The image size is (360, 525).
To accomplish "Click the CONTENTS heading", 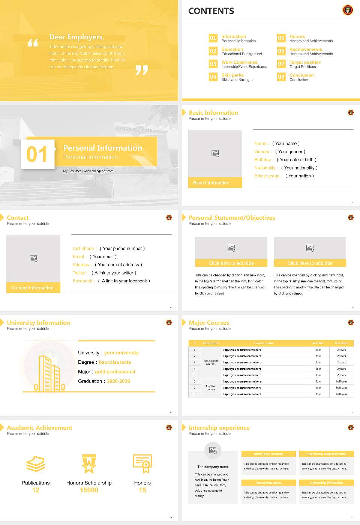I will (x=211, y=11).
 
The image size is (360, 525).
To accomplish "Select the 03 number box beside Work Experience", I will (x=213, y=64).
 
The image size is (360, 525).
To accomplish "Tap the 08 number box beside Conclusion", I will (x=281, y=77).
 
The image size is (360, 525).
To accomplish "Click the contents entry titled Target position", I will (x=305, y=62).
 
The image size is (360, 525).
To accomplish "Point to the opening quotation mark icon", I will (x=33, y=43).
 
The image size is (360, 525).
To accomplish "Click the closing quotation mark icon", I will (x=142, y=70).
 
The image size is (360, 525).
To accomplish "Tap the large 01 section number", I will (x=37, y=154).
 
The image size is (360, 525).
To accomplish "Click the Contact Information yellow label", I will (x=33, y=288).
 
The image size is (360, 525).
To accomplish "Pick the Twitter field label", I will (x=80, y=273).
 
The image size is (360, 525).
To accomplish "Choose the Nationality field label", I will (x=265, y=168).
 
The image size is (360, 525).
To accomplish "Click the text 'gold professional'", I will (x=115, y=372).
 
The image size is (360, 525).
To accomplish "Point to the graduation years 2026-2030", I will (x=118, y=381).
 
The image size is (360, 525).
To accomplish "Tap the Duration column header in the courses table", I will (x=341, y=343).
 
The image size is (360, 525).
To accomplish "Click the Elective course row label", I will (x=211, y=388).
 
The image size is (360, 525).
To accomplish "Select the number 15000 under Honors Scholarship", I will (x=89, y=490).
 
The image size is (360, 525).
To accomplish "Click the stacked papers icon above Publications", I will (x=36, y=464).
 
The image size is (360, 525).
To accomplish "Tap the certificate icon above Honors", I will (x=142, y=463).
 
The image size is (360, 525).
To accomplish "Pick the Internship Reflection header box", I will (x=326, y=483).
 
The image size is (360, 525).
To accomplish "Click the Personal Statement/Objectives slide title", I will (x=232, y=217).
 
